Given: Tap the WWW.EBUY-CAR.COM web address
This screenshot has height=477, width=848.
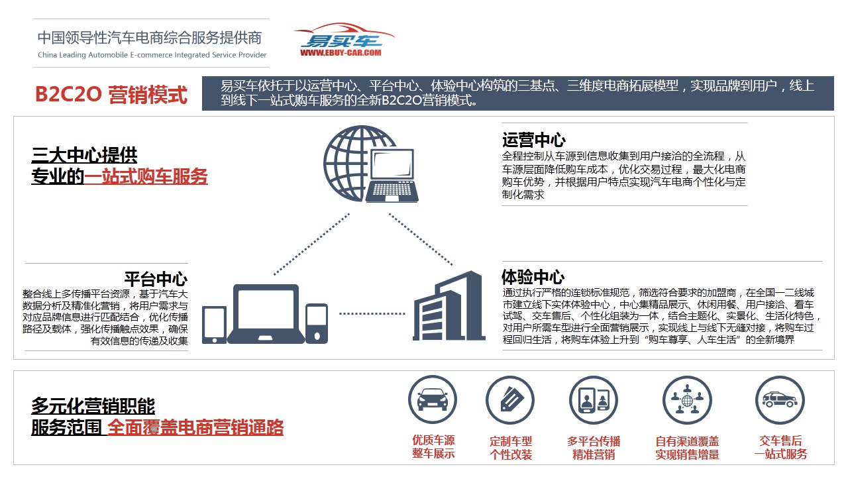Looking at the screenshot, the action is [341, 53].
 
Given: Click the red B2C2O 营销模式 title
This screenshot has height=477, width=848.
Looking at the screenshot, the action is [111, 94].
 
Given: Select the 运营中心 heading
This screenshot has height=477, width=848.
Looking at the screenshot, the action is [534, 140].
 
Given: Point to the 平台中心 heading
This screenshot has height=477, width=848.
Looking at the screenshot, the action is [156, 280].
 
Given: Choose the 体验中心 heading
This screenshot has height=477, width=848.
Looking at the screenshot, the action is [533, 277].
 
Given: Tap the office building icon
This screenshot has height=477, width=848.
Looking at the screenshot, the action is [449, 306].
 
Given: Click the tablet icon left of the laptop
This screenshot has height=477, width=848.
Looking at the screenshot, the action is [214, 325].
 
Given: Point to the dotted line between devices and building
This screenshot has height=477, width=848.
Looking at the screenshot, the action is [372, 313].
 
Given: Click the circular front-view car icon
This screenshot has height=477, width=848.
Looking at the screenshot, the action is [433, 399].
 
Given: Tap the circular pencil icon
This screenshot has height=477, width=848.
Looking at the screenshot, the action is [510, 400].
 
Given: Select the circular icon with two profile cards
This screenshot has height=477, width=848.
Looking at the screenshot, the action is [593, 400].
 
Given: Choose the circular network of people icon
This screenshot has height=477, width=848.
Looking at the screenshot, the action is [687, 400].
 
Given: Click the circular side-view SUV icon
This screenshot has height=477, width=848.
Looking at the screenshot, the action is [780, 400].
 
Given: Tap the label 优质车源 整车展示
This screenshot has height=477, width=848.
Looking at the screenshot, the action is [433, 447].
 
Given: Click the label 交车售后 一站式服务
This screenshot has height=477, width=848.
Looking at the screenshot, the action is [780, 447].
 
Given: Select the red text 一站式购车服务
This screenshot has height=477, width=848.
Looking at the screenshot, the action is [146, 176].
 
